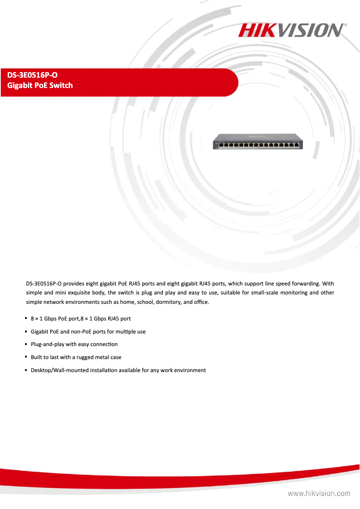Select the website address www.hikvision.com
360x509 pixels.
319,493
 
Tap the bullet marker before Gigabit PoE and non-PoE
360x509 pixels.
26,331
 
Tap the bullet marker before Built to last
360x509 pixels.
26,357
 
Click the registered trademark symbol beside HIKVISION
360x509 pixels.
345,26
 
